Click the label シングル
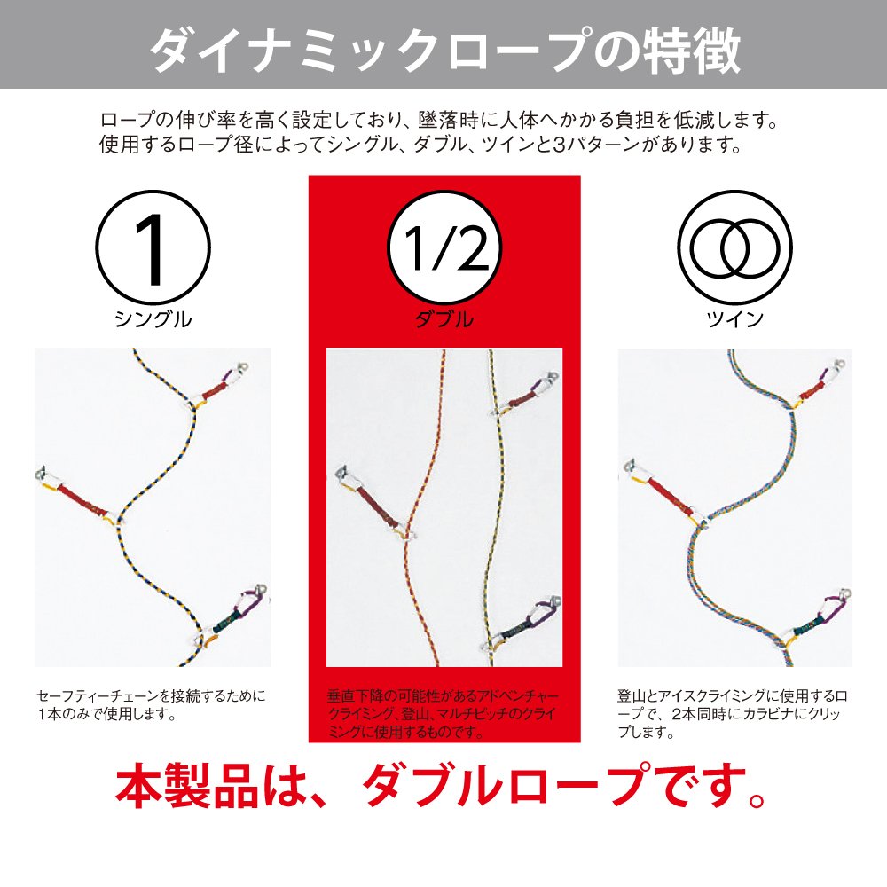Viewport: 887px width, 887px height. tap(153, 319)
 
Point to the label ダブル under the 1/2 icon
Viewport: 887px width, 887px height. tap(444, 319)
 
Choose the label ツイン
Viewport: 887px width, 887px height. tap(734, 319)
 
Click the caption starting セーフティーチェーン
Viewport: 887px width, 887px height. tap(151, 705)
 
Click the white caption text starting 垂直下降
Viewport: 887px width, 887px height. tap(443, 714)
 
